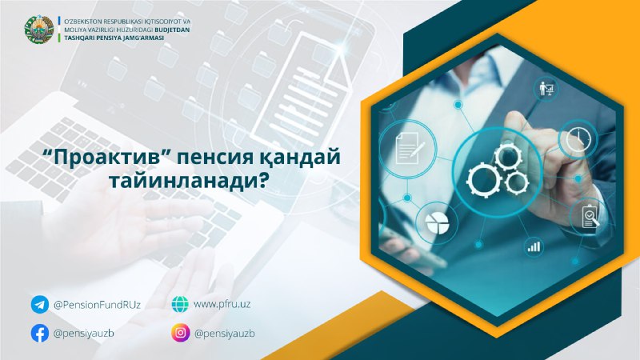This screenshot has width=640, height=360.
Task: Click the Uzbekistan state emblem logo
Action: coord(38,30)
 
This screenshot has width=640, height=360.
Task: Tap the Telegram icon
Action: coord(39,305)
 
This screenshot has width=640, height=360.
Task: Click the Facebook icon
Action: coord(39,333)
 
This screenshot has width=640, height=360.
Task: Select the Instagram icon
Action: coord(181,333)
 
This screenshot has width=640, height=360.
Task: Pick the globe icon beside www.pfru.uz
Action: coord(180,304)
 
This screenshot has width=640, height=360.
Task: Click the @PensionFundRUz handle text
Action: coord(97,305)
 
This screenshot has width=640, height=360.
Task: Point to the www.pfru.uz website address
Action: coord(222,305)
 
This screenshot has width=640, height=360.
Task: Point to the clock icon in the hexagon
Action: coord(578,139)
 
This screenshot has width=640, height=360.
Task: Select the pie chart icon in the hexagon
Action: coord(437,223)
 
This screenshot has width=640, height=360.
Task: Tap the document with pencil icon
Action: coord(410,147)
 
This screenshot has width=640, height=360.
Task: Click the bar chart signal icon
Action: coord(534,246)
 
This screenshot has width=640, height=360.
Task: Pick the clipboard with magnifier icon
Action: coord(590,216)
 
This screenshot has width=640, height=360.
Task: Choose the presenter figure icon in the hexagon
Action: coord(547,88)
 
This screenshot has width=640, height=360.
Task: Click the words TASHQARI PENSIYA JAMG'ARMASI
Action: coord(114,38)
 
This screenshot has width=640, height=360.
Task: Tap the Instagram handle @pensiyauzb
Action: coord(225,334)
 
